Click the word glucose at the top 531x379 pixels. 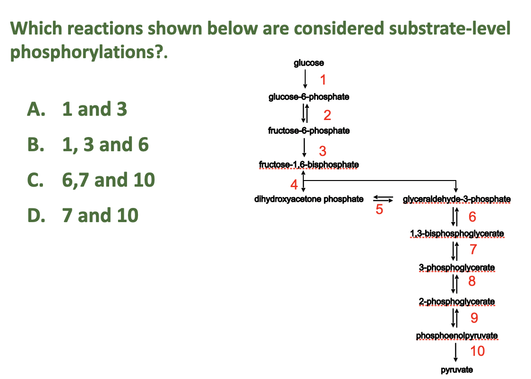309,63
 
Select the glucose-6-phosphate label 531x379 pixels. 309,97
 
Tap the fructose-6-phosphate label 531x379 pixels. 309,130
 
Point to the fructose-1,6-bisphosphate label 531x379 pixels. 309,164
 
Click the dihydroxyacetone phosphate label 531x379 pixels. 309,199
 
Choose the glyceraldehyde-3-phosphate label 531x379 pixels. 456,199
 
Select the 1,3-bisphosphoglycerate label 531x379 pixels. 457,233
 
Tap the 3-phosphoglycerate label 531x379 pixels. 457,267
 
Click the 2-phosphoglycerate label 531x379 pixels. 457,301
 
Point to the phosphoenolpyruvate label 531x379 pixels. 457,336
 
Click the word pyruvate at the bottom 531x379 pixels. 457,370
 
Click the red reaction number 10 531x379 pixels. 477,351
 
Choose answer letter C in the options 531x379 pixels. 37,180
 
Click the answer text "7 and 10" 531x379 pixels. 100,215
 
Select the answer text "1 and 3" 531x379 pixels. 94,109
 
